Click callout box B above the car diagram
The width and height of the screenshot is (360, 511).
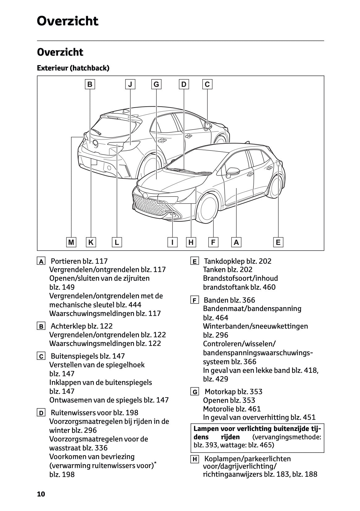tap(90, 84)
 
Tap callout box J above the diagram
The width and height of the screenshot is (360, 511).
tap(130, 84)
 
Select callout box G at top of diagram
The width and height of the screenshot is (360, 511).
tap(156, 84)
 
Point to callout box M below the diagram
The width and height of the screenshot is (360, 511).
tap(71, 242)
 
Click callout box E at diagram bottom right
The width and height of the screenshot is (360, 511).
tap(278, 242)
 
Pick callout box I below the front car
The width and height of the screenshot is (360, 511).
tap(172, 242)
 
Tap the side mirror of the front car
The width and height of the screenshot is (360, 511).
tap(231, 171)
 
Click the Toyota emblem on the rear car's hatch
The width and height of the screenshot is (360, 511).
tap(95, 143)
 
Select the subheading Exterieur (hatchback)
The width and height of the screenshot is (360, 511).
tap(73, 68)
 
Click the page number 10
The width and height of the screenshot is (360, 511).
tap(41, 494)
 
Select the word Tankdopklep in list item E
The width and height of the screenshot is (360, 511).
tap(225, 261)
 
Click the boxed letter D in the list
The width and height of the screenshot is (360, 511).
tap(41, 413)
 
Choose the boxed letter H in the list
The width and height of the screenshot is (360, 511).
tap(194, 459)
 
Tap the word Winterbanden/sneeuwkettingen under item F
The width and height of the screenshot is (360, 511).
tap(255, 326)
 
